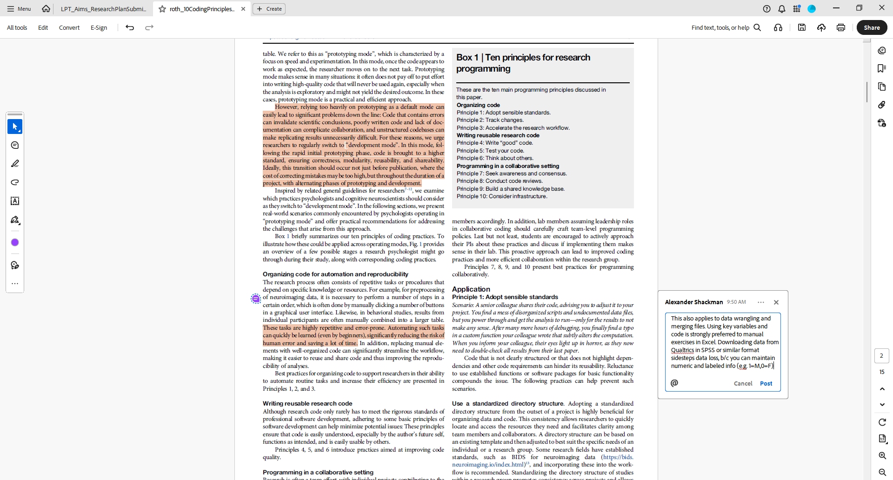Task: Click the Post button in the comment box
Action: click(766, 383)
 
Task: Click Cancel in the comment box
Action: click(743, 383)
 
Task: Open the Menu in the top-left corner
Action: click(19, 9)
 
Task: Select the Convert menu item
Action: click(69, 27)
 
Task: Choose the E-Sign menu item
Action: click(99, 27)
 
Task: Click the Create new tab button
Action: click(269, 9)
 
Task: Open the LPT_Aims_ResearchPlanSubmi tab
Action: click(103, 9)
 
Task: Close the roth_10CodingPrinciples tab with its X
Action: click(243, 9)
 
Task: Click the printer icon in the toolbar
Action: click(840, 27)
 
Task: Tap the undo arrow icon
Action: click(130, 27)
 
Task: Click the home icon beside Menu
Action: click(46, 9)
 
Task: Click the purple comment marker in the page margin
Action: click(256, 299)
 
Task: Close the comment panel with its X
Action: click(776, 302)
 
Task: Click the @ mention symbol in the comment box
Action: click(674, 383)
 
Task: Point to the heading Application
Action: click(471, 289)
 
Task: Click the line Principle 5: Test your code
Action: click(490, 151)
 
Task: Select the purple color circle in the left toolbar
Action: click(15, 242)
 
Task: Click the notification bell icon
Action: click(782, 9)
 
